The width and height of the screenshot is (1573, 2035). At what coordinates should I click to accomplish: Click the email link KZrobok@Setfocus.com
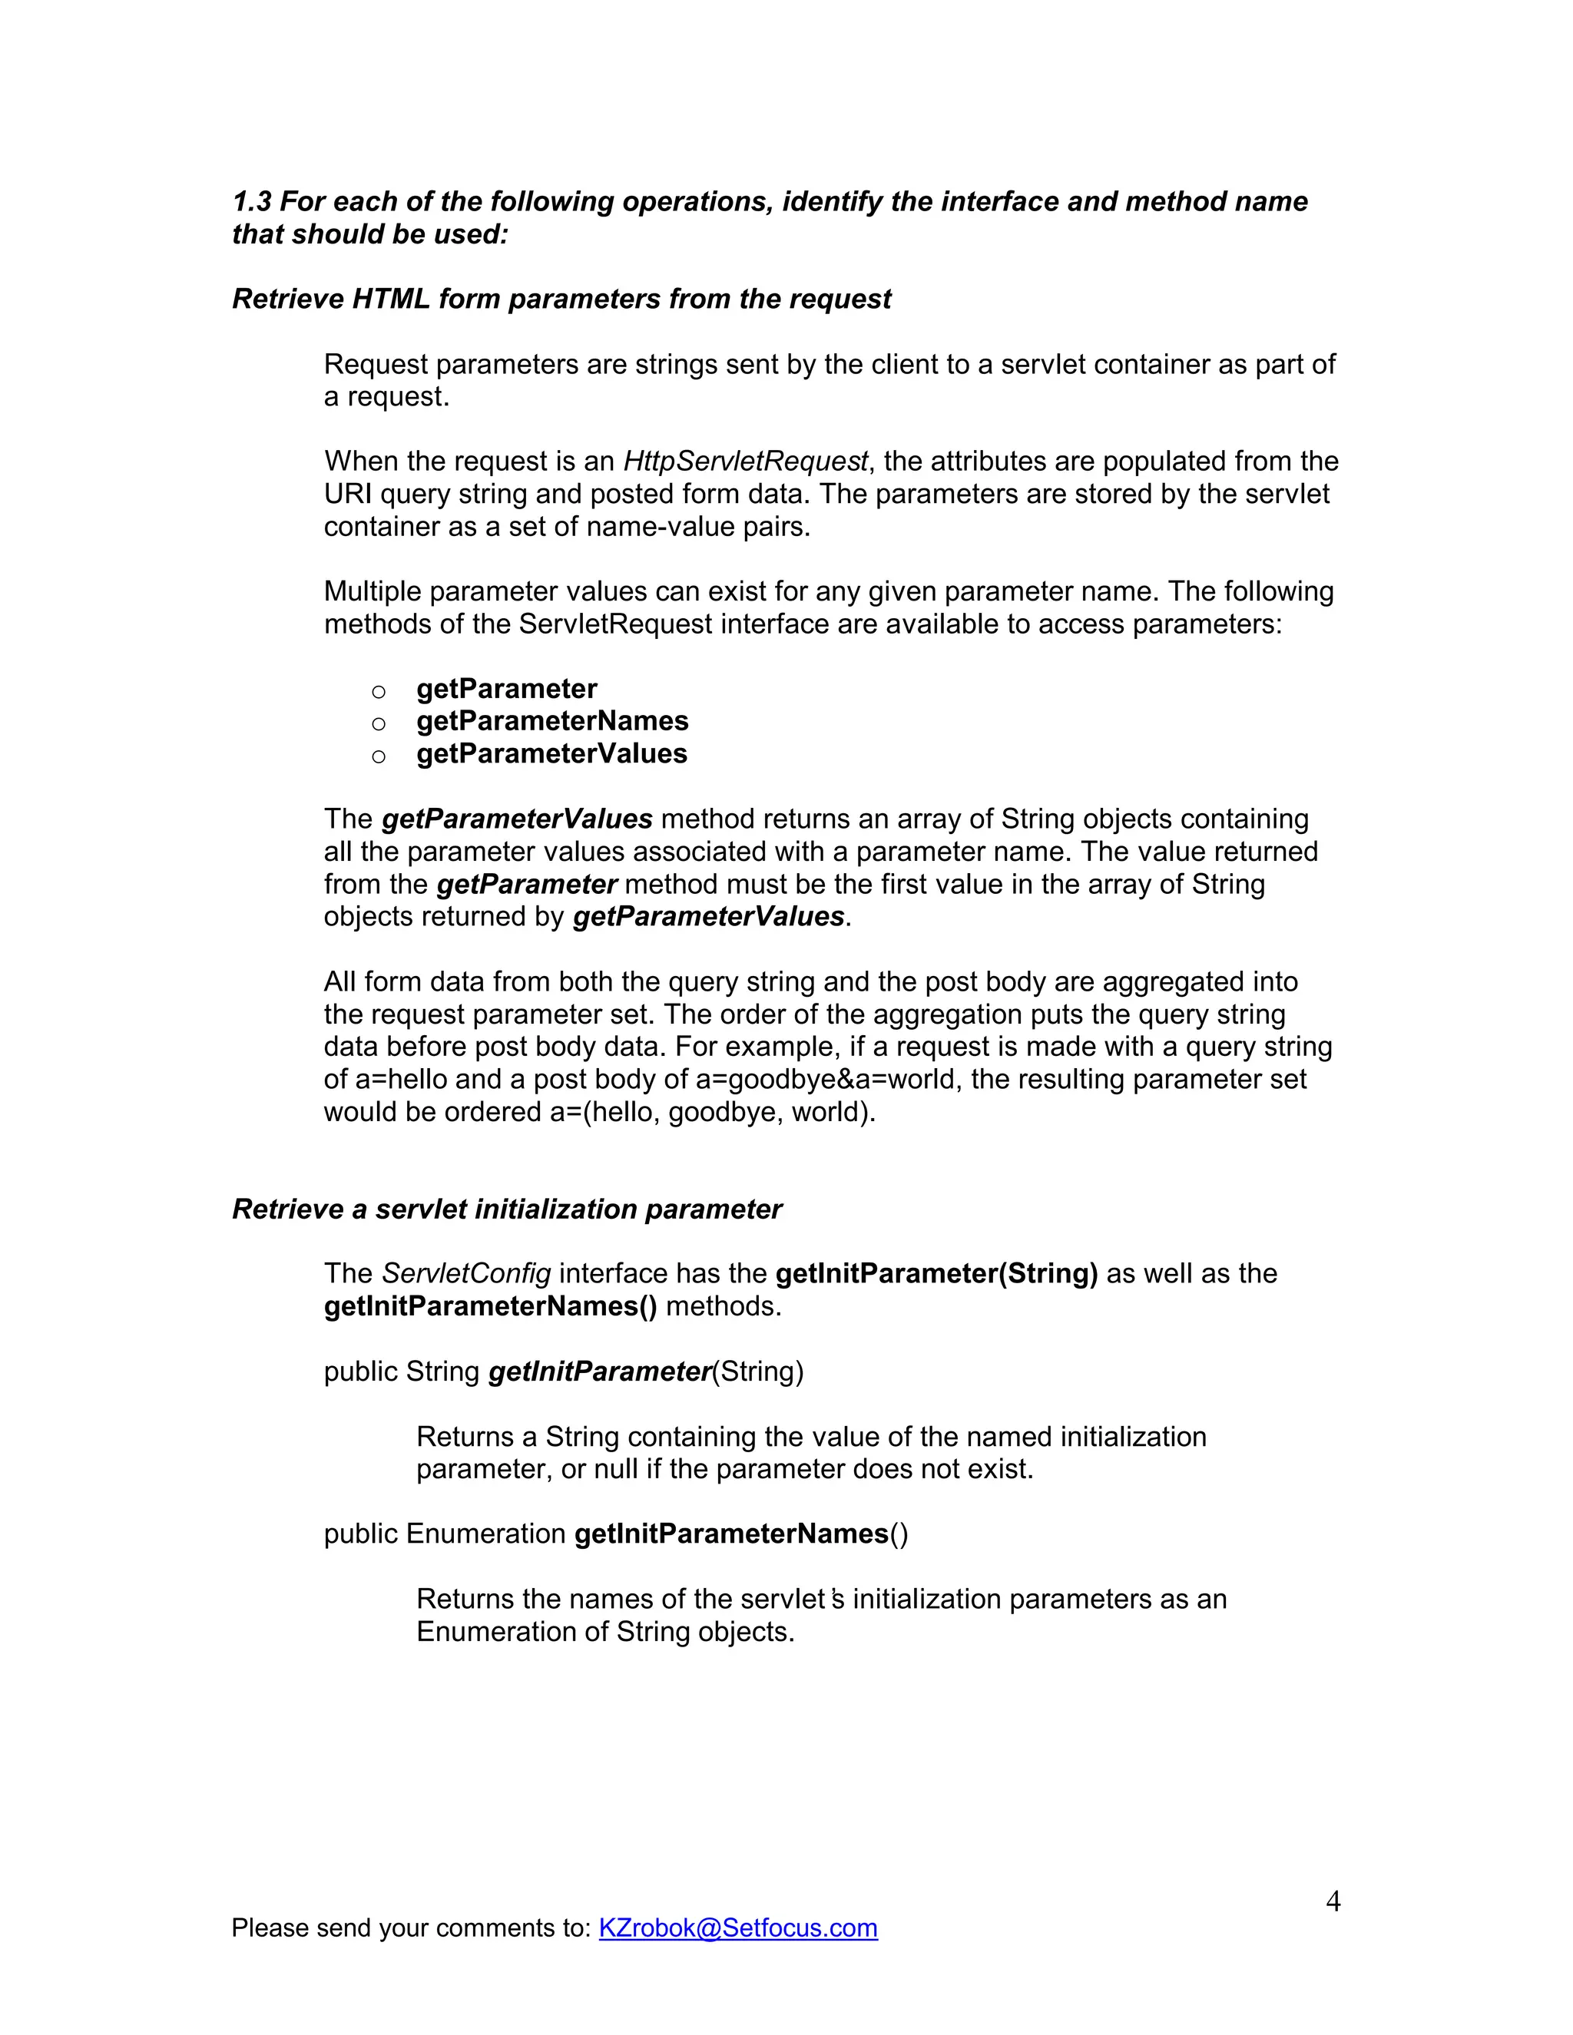click(737, 1927)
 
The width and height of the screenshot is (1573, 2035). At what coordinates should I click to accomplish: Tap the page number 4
click(1333, 1900)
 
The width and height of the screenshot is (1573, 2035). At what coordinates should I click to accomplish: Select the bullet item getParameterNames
click(551, 721)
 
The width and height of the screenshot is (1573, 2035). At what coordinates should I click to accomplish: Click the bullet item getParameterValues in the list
click(551, 754)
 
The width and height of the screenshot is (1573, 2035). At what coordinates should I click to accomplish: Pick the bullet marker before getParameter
click(379, 691)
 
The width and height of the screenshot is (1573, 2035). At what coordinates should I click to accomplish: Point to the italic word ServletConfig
click(466, 1274)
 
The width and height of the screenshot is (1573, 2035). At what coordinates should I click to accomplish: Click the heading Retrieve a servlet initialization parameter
click(507, 1209)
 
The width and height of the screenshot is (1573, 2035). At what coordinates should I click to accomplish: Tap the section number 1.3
click(252, 202)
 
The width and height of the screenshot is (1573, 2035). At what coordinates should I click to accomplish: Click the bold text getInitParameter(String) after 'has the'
click(936, 1274)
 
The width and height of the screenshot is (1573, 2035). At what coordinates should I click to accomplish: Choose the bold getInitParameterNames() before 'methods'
click(490, 1306)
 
